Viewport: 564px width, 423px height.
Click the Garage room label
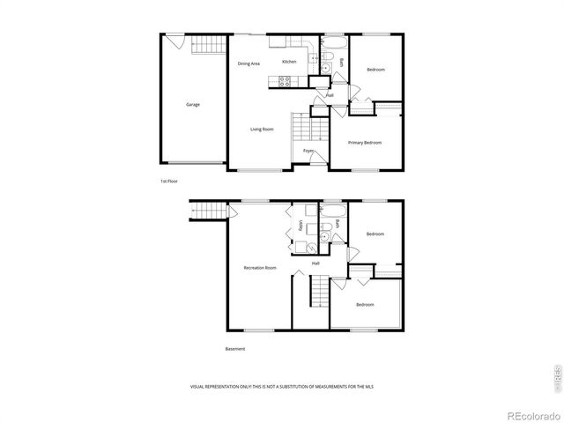[192, 105]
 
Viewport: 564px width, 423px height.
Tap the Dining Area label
[249, 63]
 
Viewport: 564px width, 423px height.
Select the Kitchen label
[289, 62]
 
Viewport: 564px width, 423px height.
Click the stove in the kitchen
[286, 82]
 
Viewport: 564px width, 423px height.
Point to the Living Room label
[262, 130]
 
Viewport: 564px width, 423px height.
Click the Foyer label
[309, 151]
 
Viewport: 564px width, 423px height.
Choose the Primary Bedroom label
[364, 143]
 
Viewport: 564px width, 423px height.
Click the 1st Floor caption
[169, 182]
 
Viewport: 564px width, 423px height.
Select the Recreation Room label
[260, 268]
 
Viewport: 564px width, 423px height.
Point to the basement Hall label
[315, 263]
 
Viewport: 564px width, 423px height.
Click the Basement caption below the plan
[235, 349]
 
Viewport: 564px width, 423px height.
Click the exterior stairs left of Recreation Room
[205, 212]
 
